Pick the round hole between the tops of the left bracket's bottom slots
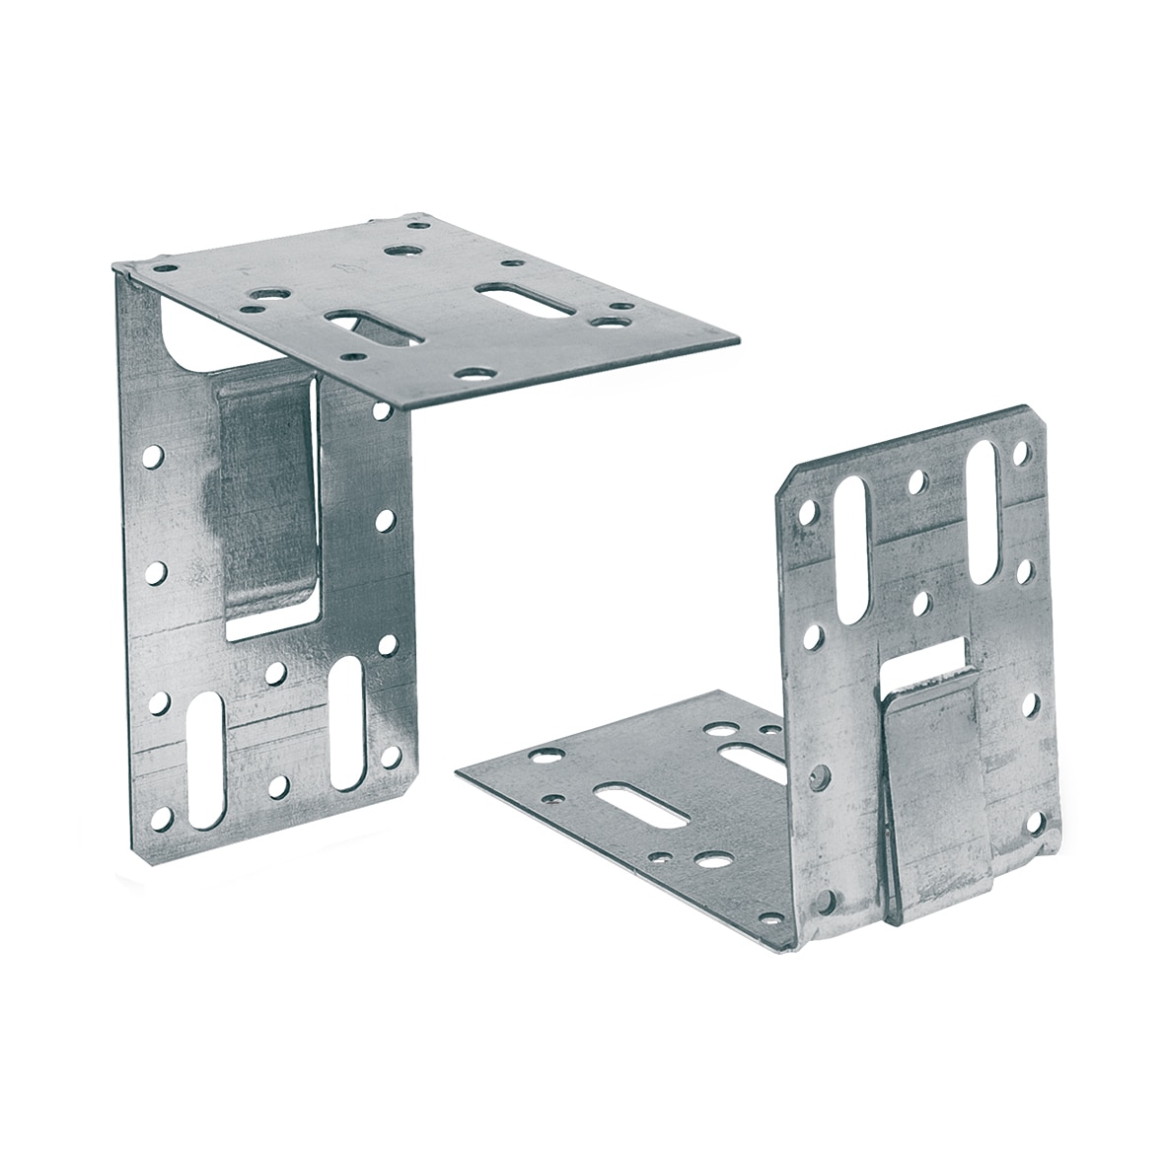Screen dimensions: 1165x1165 (277, 673)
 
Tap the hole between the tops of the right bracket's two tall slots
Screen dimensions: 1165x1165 (917, 481)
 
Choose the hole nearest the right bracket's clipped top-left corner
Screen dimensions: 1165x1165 (809, 513)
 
